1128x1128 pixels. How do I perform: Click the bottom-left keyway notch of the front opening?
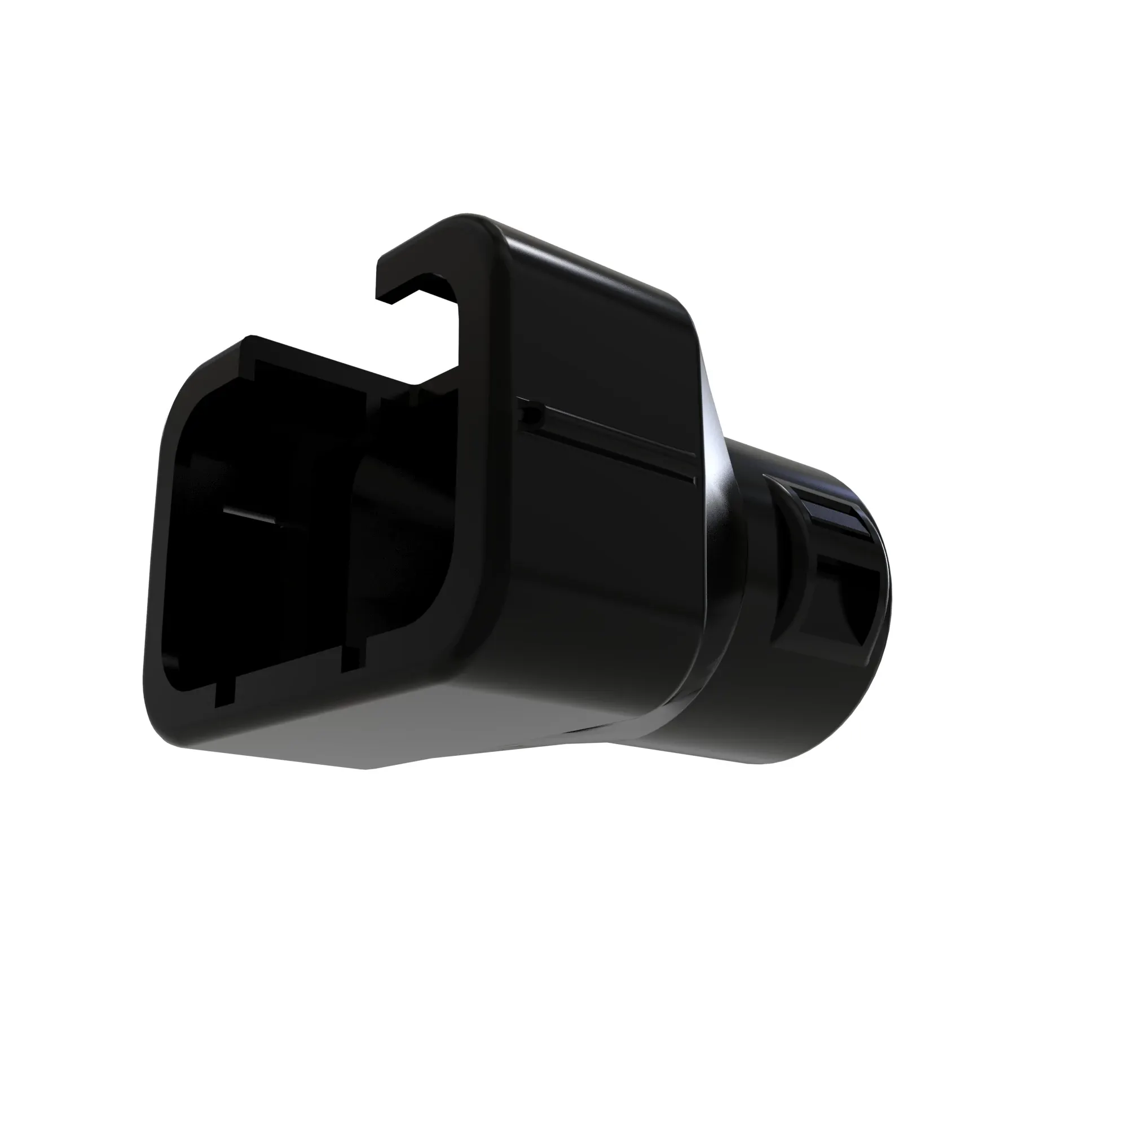[x=225, y=695]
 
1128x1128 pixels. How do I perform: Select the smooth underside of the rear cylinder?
[x=759, y=724]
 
